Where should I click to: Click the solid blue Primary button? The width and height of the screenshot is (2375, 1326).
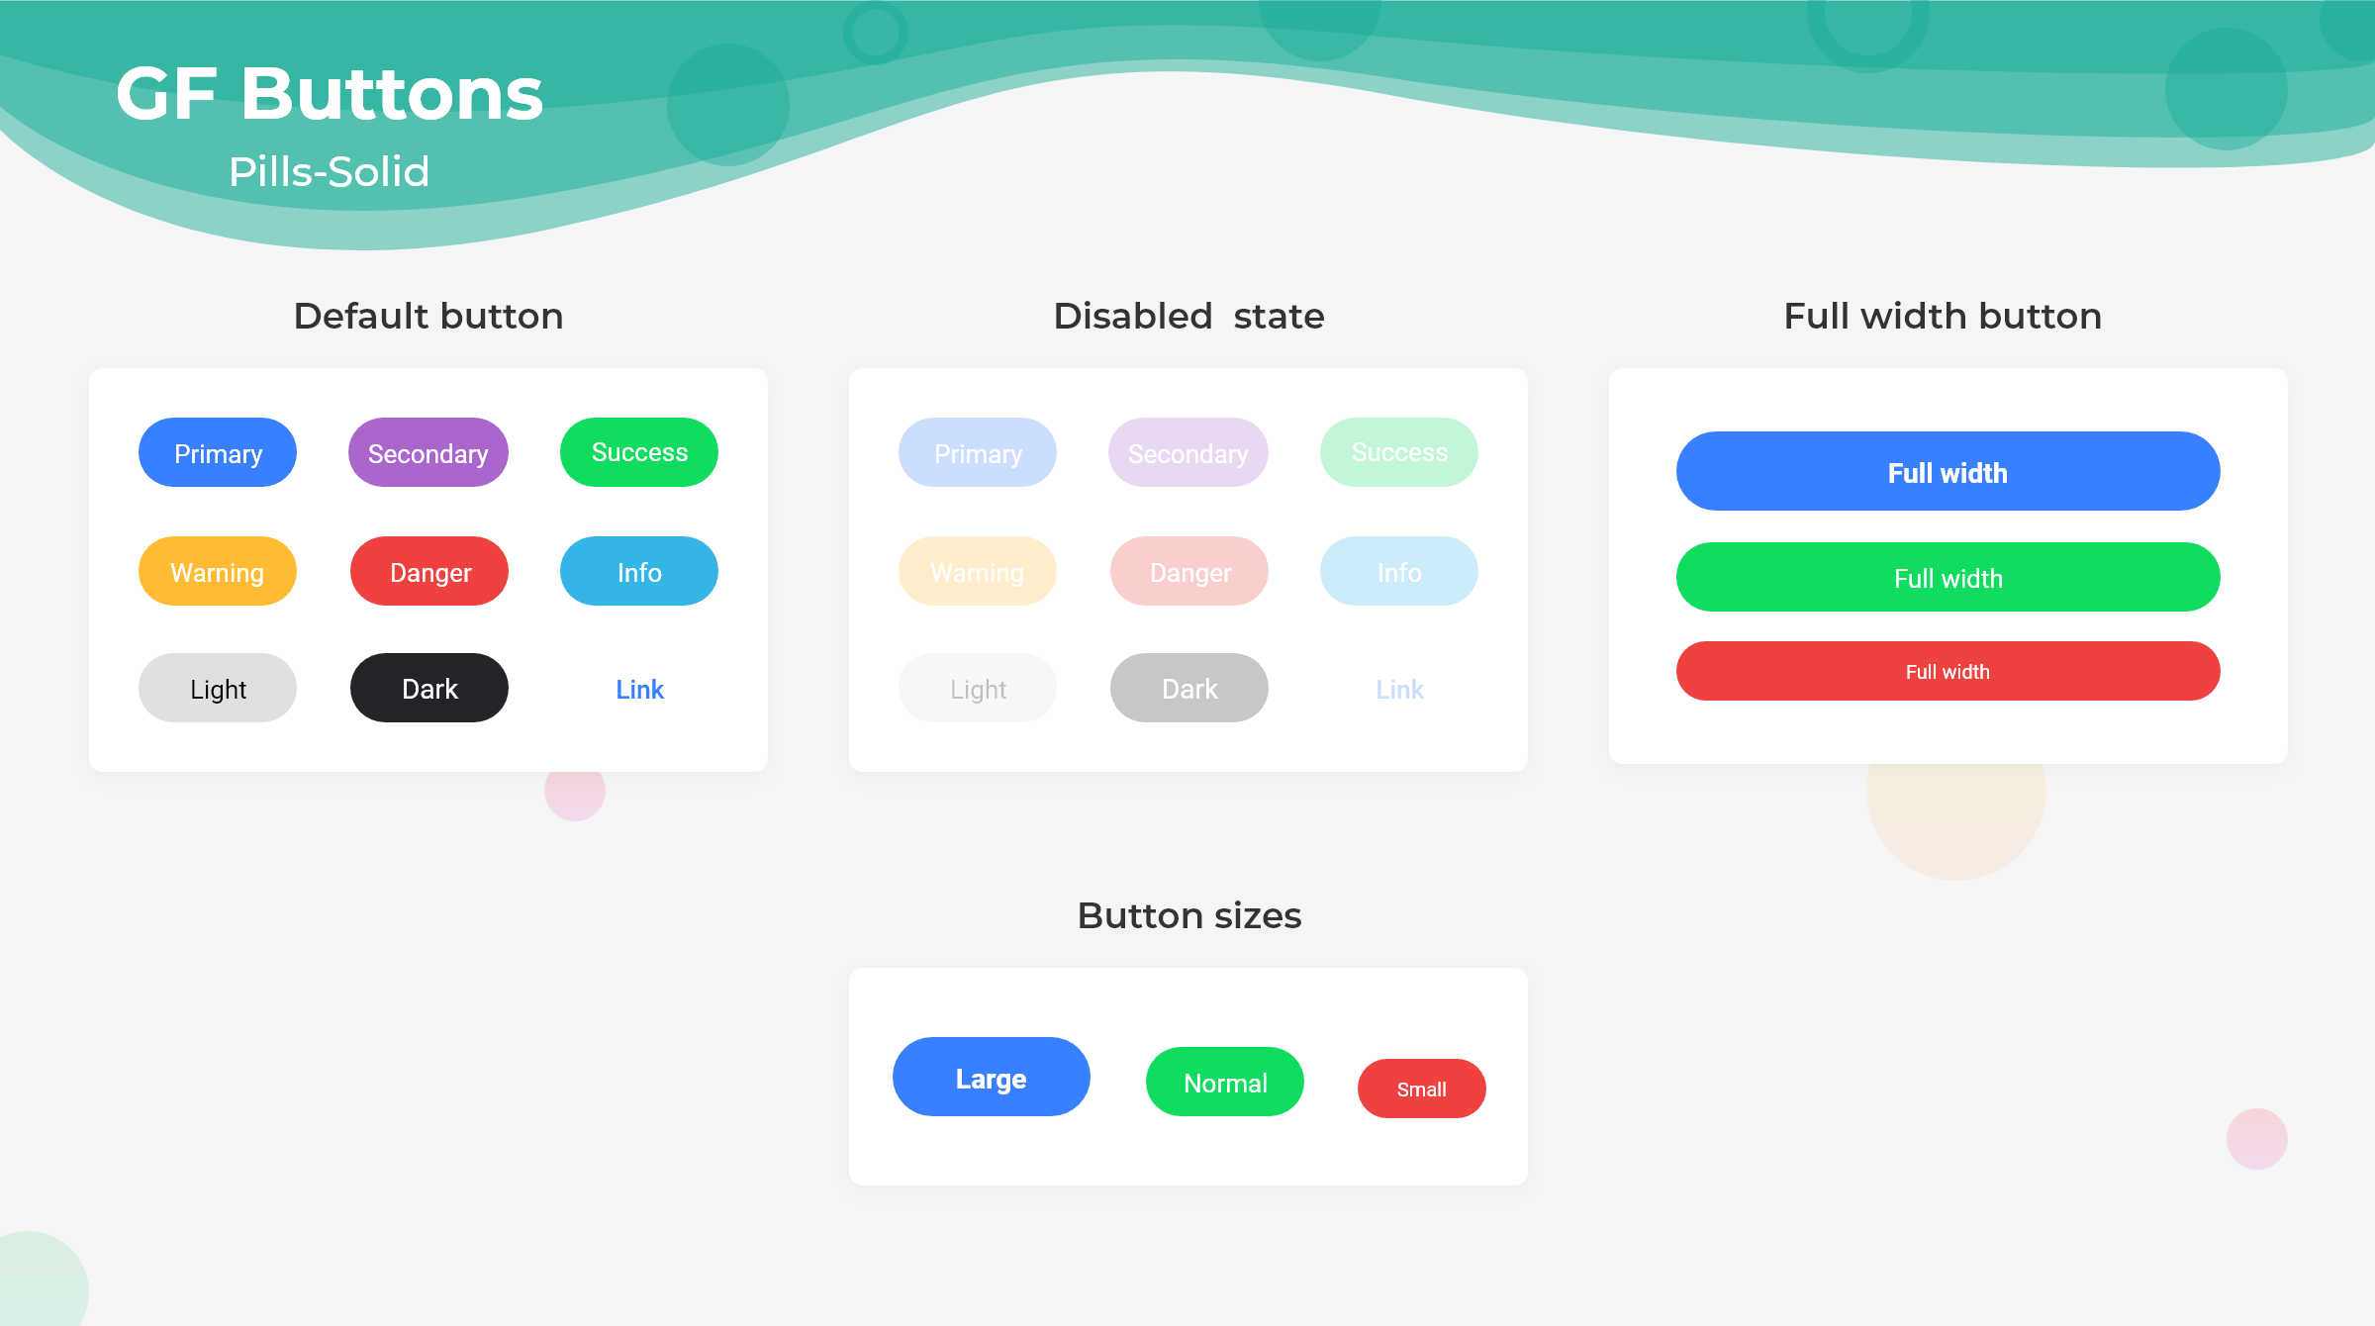218,452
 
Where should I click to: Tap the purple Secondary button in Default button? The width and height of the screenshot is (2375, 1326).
428,452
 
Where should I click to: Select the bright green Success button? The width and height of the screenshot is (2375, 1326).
639,452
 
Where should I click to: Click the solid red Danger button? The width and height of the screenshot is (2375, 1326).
429,571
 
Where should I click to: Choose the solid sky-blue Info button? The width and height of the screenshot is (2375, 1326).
639,571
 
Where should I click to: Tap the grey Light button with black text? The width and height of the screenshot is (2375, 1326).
218,688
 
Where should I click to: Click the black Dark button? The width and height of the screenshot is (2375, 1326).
429,688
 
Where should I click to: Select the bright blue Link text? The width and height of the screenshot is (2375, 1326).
639,690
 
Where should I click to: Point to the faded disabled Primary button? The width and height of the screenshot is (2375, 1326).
978,452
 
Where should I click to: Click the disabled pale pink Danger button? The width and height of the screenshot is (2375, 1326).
1189,571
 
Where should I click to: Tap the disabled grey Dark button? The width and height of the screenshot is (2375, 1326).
1189,688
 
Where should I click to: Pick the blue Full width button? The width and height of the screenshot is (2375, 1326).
1948,471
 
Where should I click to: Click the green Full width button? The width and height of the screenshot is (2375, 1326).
1948,577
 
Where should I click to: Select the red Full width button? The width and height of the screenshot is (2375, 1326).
1948,671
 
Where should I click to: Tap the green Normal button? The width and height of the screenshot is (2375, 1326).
1225,1082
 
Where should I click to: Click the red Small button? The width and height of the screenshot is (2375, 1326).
1422,1089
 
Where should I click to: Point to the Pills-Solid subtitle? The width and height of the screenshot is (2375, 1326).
330,172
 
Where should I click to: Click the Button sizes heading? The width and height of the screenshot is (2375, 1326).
1189,915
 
